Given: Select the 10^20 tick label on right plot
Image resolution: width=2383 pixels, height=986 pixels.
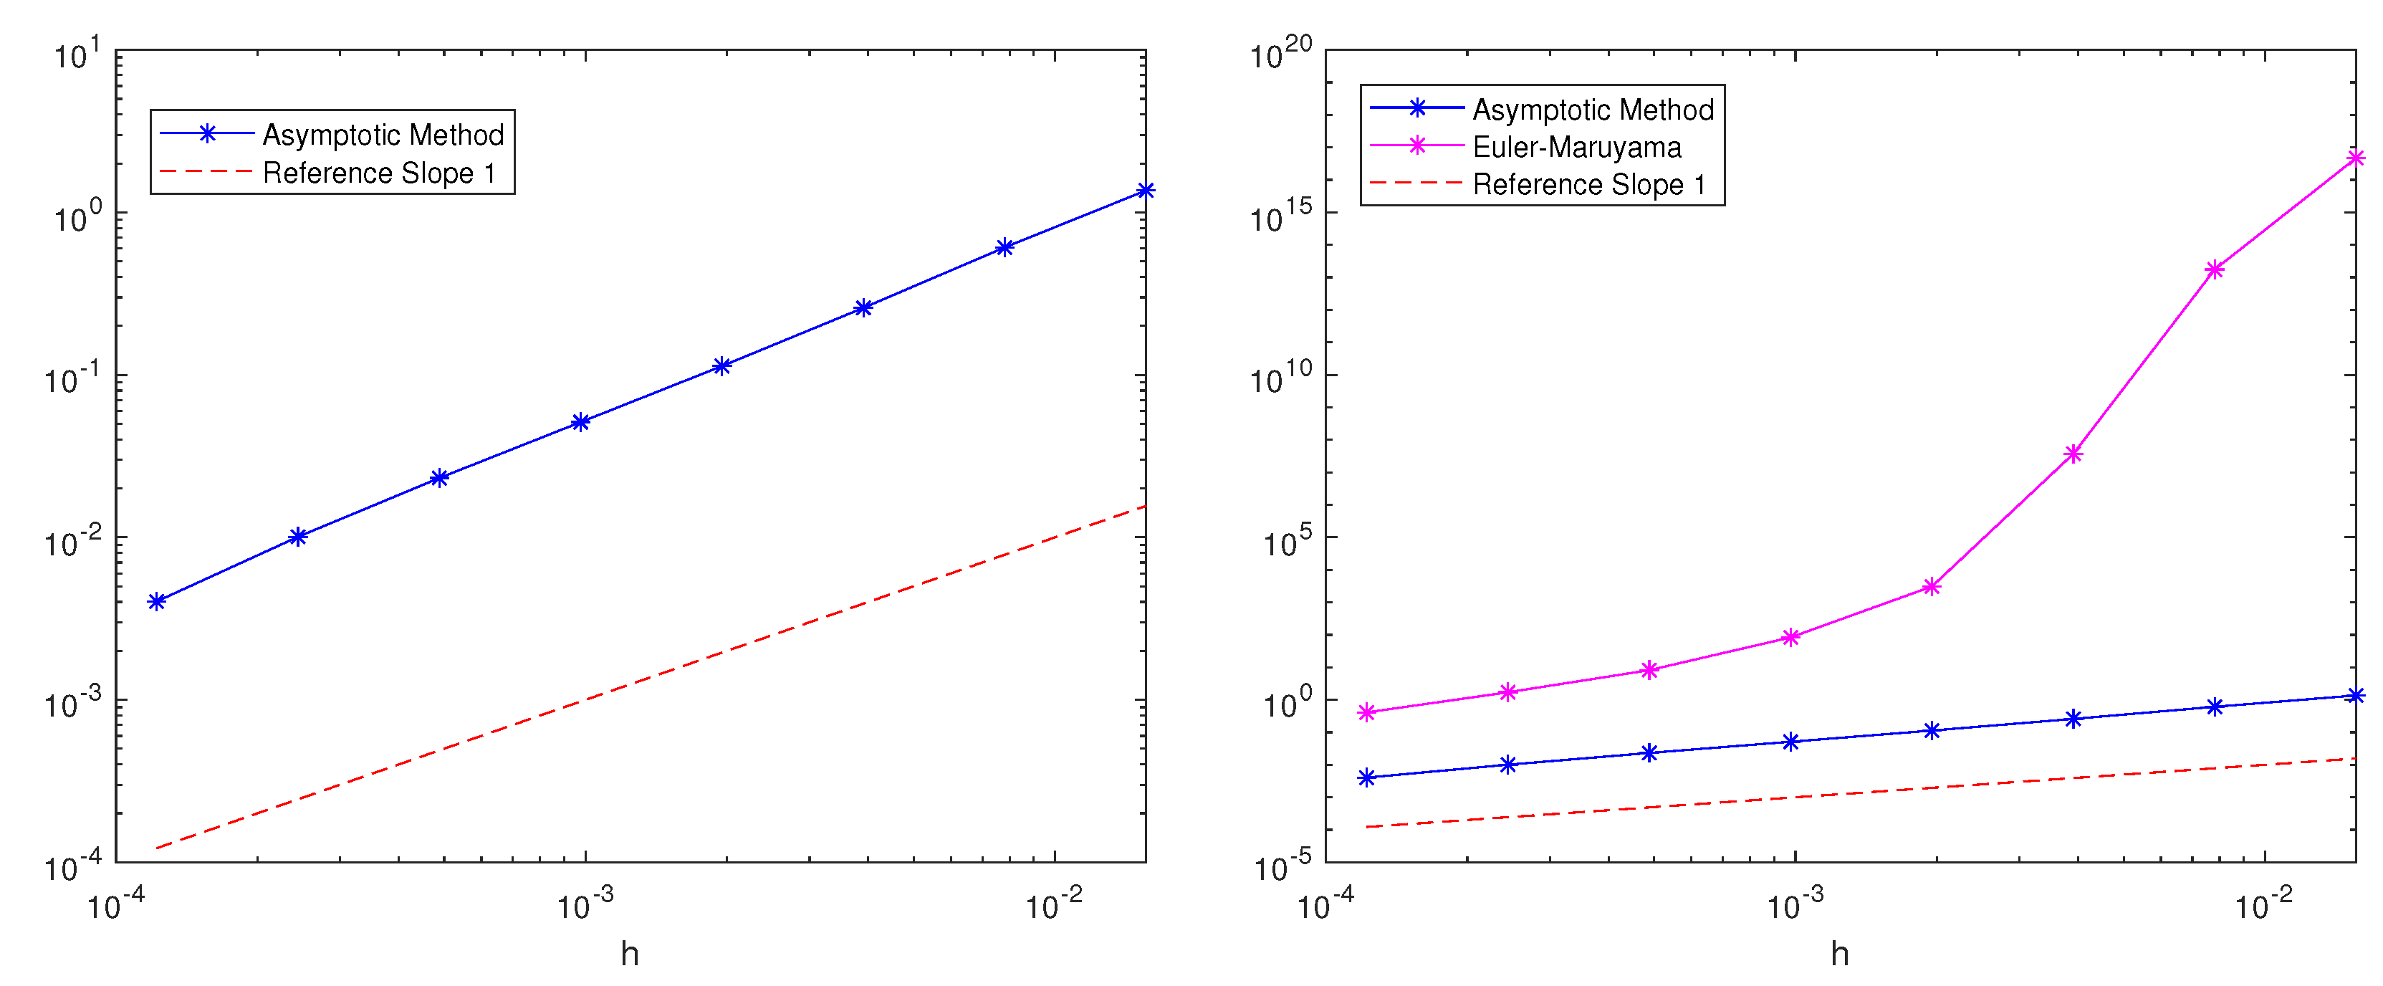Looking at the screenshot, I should [1280, 54].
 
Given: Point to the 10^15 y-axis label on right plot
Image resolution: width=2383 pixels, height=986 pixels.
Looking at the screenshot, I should [1280, 217].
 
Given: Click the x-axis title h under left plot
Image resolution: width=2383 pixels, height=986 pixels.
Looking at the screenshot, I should [630, 953].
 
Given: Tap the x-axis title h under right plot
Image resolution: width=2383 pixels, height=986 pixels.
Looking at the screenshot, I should [1839, 953].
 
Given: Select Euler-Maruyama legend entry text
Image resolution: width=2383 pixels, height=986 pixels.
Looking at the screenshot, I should [1576, 147].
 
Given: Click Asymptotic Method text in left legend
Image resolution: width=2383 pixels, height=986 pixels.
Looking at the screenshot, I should [383, 135].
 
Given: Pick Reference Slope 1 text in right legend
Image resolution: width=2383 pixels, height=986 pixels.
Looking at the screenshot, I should [1588, 185].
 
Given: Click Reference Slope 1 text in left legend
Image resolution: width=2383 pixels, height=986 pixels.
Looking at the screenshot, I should [379, 173].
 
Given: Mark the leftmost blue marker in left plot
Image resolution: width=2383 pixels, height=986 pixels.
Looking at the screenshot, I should [157, 601].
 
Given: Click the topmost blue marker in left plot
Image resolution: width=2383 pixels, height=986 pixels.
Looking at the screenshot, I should [1145, 191].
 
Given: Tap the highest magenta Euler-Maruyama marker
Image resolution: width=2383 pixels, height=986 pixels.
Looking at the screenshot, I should [2355, 159].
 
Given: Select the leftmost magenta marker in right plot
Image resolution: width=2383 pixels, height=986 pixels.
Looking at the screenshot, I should [1366, 712].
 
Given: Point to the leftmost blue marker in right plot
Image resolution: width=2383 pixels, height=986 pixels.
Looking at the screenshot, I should [1366, 778].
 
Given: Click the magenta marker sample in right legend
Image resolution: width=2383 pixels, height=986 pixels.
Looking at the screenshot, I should [1416, 146].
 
